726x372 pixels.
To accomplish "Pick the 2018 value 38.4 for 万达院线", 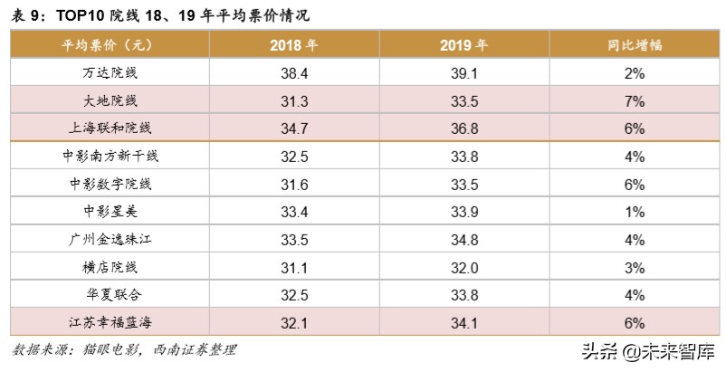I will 294,73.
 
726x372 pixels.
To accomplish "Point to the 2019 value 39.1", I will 463,73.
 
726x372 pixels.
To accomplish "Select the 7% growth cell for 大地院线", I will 634,100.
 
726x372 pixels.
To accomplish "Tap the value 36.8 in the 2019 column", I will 463,129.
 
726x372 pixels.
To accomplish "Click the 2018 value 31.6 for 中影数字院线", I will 294,184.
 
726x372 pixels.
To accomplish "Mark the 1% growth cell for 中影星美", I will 634,212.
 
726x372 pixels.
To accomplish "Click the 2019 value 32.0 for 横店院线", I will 463,267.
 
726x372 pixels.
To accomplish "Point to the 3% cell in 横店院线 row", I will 634,267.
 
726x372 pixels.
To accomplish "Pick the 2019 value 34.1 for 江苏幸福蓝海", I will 463,321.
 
